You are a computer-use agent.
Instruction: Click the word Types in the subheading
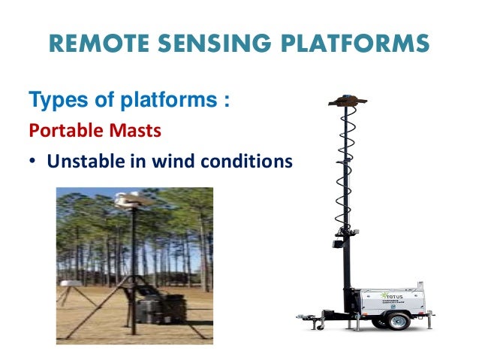[x=53, y=99]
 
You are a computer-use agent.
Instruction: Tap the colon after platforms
[x=226, y=101]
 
